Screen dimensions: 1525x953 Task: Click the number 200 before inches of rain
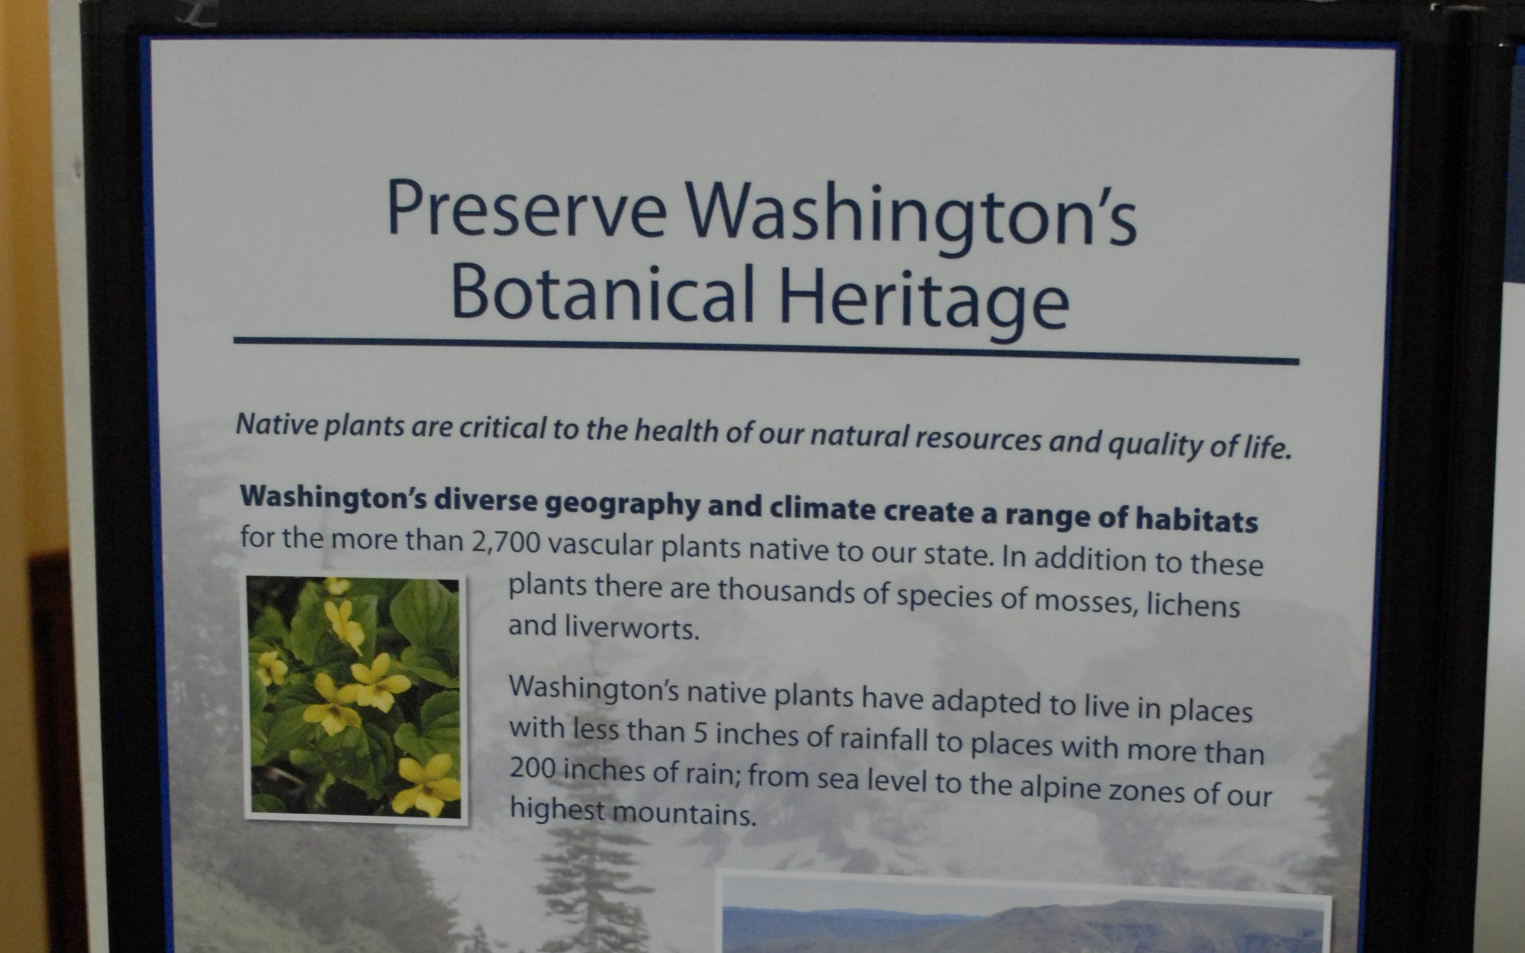(532, 767)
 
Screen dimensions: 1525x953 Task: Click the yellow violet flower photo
(355, 698)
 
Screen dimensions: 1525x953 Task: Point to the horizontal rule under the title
(766, 351)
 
